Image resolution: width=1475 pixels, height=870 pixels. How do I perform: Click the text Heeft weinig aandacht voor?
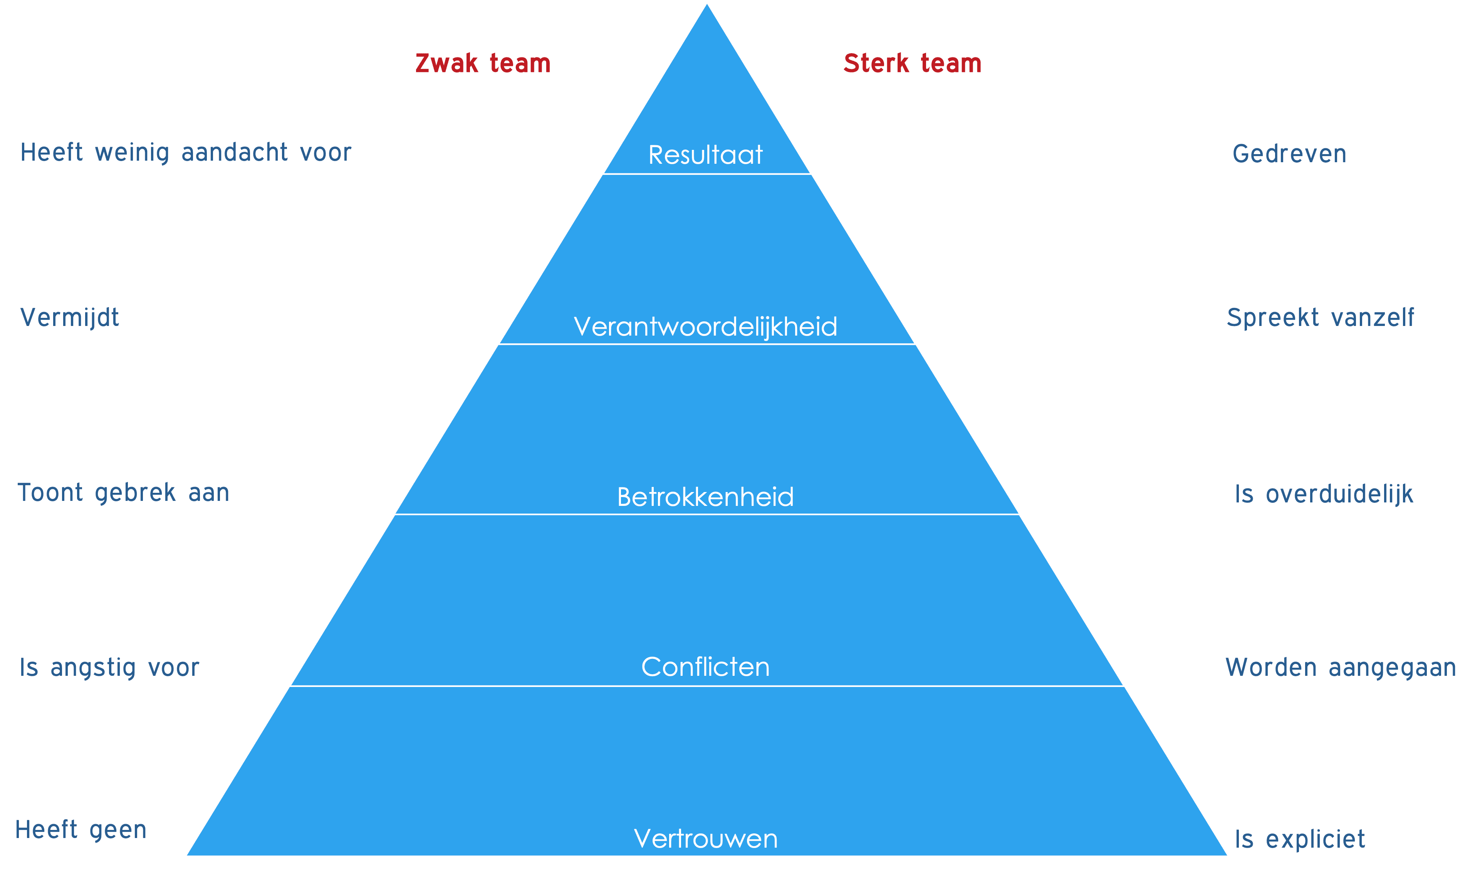[185, 153]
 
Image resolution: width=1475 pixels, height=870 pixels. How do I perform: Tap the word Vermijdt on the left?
[69, 318]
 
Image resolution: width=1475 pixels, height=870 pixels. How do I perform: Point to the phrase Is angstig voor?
[109, 668]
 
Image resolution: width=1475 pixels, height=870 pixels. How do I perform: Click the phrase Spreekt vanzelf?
[1320, 318]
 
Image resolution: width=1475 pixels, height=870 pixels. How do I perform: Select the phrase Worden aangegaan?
[1340, 668]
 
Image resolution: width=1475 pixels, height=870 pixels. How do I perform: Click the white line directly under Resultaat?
[707, 174]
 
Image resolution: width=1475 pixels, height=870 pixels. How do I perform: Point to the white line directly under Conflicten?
[707, 686]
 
